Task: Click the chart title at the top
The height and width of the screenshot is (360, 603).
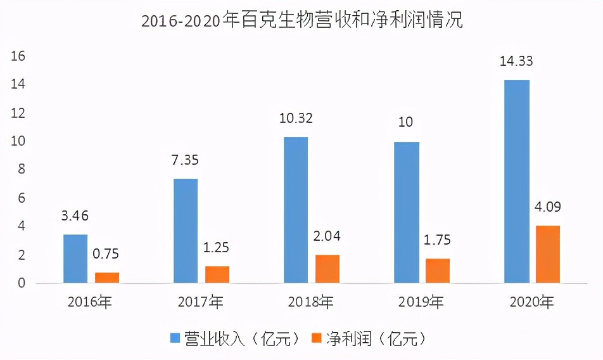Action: [x=301, y=21]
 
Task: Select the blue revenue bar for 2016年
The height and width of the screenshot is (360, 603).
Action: [x=75, y=259]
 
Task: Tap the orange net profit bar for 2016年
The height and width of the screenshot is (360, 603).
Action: [x=107, y=277]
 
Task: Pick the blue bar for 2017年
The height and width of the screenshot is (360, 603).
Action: [x=186, y=231]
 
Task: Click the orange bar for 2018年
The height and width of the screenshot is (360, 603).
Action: [x=327, y=269]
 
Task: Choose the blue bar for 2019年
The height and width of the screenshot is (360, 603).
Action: [x=406, y=212]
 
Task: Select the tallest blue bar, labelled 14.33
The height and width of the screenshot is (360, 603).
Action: [x=516, y=181]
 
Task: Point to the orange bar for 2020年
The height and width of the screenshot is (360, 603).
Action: [x=548, y=254]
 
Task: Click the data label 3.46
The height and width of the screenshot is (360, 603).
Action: [x=75, y=216]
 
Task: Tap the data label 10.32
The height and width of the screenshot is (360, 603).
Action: [x=296, y=119]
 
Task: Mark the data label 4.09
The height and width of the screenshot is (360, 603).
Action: [x=548, y=207]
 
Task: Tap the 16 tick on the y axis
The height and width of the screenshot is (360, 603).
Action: [x=18, y=56]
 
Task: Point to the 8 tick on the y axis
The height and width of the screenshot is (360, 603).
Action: [x=21, y=170]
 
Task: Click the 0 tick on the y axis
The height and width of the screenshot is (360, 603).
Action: [x=21, y=283]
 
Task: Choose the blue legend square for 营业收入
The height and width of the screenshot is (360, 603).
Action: [x=174, y=338]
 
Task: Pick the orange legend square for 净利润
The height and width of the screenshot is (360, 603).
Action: [x=315, y=338]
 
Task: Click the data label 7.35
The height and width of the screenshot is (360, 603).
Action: [x=185, y=160]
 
